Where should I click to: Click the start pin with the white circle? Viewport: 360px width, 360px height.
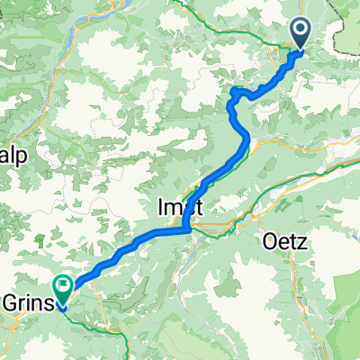(300, 34)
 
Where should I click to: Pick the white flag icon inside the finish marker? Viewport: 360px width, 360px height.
(64, 287)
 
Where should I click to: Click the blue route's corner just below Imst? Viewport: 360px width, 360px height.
(186, 229)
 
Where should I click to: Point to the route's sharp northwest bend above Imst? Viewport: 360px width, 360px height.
(233, 92)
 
